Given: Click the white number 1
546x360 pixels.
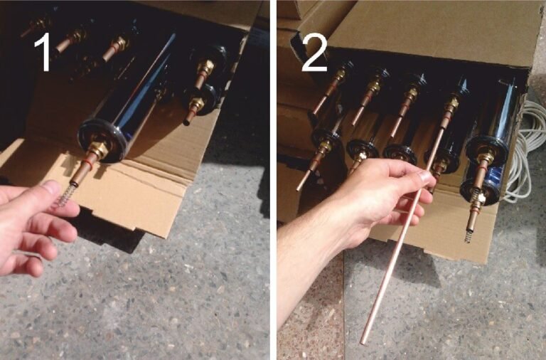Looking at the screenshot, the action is point(44,52).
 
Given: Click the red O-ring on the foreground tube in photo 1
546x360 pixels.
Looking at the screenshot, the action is point(87,164).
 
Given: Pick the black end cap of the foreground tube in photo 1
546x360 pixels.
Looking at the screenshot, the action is point(102,140).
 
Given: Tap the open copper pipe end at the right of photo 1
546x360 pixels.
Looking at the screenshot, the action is point(187,122).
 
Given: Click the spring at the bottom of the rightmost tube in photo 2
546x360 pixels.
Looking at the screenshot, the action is point(468,237).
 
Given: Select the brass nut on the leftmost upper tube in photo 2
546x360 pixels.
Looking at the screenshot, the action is point(340,77).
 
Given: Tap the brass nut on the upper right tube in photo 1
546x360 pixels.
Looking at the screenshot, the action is point(206,67).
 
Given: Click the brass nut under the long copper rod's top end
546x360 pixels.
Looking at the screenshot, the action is point(452,104).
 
